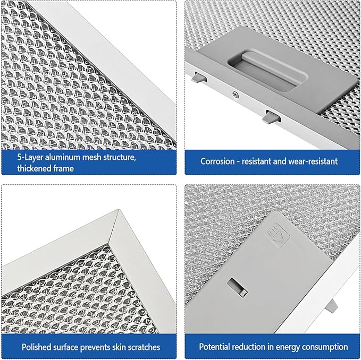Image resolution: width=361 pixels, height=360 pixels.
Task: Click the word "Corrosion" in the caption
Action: click(x=218, y=161)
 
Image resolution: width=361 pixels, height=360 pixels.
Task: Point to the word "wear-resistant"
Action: click(x=313, y=161)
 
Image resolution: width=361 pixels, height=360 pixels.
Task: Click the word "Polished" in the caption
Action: click(x=37, y=347)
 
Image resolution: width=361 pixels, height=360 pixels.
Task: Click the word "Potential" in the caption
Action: click(x=216, y=347)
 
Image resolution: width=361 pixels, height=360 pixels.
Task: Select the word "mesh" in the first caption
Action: click(x=95, y=158)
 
